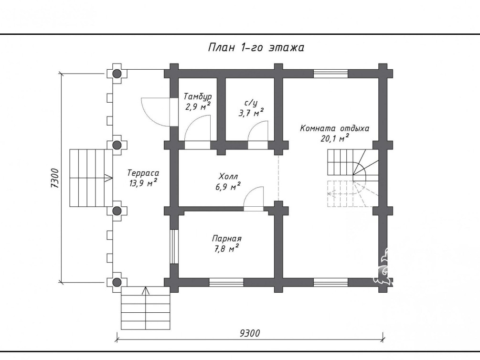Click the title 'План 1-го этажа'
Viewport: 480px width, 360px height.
[x=256, y=48]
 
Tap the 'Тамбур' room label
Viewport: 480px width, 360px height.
[x=197, y=97]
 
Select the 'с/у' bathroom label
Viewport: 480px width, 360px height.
[x=251, y=103]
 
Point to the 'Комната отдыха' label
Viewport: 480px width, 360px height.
[x=335, y=128]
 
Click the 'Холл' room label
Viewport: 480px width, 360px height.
[x=228, y=177]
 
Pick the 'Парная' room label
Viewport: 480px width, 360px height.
[x=227, y=238]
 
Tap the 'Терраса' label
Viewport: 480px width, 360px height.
[x=143, y=173]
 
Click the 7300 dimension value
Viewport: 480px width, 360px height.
[x=55, y=178]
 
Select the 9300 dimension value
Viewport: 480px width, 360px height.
[x=249, y=333]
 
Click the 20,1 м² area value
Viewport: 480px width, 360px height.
[x=335, y=138]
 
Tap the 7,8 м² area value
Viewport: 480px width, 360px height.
[x=227, y=248]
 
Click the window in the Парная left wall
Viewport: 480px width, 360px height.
[x=174, y=246]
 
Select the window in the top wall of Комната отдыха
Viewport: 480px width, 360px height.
[x=331, y=74]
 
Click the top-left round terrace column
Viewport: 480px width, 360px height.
[x=117, y=74]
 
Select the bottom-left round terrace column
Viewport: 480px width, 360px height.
[x=117, y=282]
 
